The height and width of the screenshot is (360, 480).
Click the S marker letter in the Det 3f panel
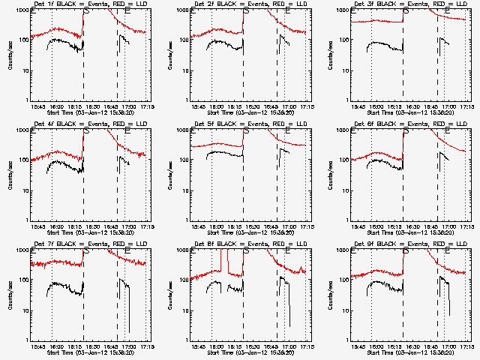[x=406, y=11]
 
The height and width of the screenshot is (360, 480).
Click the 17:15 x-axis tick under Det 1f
[x=145, y=106]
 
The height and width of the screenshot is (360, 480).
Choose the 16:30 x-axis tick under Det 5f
[x=251, y=226]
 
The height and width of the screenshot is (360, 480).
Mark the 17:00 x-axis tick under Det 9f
[x=448, y=346]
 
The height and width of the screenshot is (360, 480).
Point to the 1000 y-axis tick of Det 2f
[x=183, y=10]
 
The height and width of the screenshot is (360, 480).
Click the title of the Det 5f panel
[x=246, y=124]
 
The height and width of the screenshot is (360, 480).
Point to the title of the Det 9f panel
[x=406, y=244]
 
